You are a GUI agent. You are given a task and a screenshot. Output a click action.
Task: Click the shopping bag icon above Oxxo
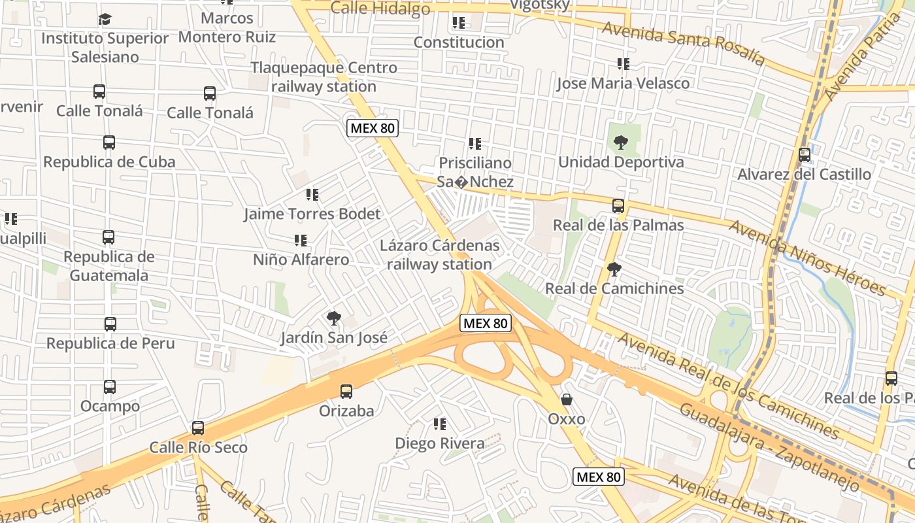(567, 399)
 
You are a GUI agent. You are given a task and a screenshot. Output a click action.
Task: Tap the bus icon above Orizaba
(346, 392)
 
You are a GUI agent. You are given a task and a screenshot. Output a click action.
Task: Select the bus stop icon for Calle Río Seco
(198, 428)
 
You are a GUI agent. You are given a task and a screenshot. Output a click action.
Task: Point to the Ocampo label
(110, 406)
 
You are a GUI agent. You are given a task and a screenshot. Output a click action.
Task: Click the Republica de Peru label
(110, 343)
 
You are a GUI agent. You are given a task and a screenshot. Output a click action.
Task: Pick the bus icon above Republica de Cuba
(109, 142)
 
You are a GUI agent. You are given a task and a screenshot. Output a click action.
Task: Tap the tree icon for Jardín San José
(334, 318)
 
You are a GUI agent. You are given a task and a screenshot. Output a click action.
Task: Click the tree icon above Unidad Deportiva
(620, 142)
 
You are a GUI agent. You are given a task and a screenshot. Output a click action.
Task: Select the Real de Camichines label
(614, 288)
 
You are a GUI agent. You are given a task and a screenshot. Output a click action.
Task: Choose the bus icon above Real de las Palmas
(618, 206)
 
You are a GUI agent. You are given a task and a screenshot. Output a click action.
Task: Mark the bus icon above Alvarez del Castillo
(805, 155)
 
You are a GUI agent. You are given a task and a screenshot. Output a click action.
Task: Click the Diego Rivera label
(440, 443)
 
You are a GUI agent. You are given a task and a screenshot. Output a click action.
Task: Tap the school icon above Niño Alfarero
(301, 241)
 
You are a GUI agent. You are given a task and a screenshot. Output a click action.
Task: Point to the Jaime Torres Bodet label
(312, 214)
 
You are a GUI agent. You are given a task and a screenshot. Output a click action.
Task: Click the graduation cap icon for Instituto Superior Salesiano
(105, 19)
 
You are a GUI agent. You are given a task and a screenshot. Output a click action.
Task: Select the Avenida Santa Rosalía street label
(683, 43)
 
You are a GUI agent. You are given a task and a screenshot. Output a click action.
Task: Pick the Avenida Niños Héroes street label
(807, 258)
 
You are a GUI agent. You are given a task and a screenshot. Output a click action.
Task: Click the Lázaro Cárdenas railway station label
(439, 255)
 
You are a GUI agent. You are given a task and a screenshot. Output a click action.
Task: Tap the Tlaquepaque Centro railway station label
(324, 77)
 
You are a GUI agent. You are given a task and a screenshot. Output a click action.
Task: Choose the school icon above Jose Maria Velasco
(624, 64)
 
